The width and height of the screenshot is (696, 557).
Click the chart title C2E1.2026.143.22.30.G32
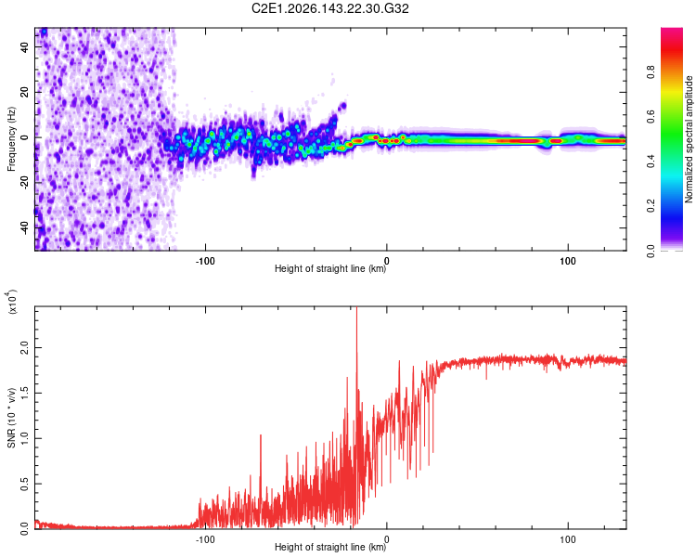(329, 8)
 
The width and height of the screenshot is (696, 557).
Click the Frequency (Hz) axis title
(11, 139)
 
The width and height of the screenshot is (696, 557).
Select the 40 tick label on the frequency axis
(24, 46)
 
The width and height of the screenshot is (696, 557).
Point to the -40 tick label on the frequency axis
(24, 229)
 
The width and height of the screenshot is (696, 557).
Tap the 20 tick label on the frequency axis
(24, 92)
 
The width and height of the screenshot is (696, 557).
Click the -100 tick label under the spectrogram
(205, 261)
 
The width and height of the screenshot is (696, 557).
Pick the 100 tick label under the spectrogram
(568, 261)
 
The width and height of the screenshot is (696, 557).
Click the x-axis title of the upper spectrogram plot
(330, 268)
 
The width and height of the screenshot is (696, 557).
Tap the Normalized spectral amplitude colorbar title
(689, 139)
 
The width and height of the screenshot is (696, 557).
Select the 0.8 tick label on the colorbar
(651, 71)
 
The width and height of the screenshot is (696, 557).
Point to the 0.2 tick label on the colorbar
(651, 206)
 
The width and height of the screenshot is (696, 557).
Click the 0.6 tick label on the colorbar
(651, 116)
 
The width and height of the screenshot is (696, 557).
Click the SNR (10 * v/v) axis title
(11, 418)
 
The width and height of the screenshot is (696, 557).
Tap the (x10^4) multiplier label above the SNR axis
(11, 302)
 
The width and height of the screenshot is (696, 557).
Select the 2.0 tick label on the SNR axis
(24, 347)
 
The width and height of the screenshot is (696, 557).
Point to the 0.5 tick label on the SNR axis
(24, 484)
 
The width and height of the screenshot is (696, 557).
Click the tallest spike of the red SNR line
(357, 307)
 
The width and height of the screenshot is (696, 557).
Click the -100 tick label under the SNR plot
(205, 539)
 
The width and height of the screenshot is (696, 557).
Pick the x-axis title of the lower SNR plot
(330, 547)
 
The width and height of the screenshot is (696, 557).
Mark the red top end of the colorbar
(672, 30)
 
